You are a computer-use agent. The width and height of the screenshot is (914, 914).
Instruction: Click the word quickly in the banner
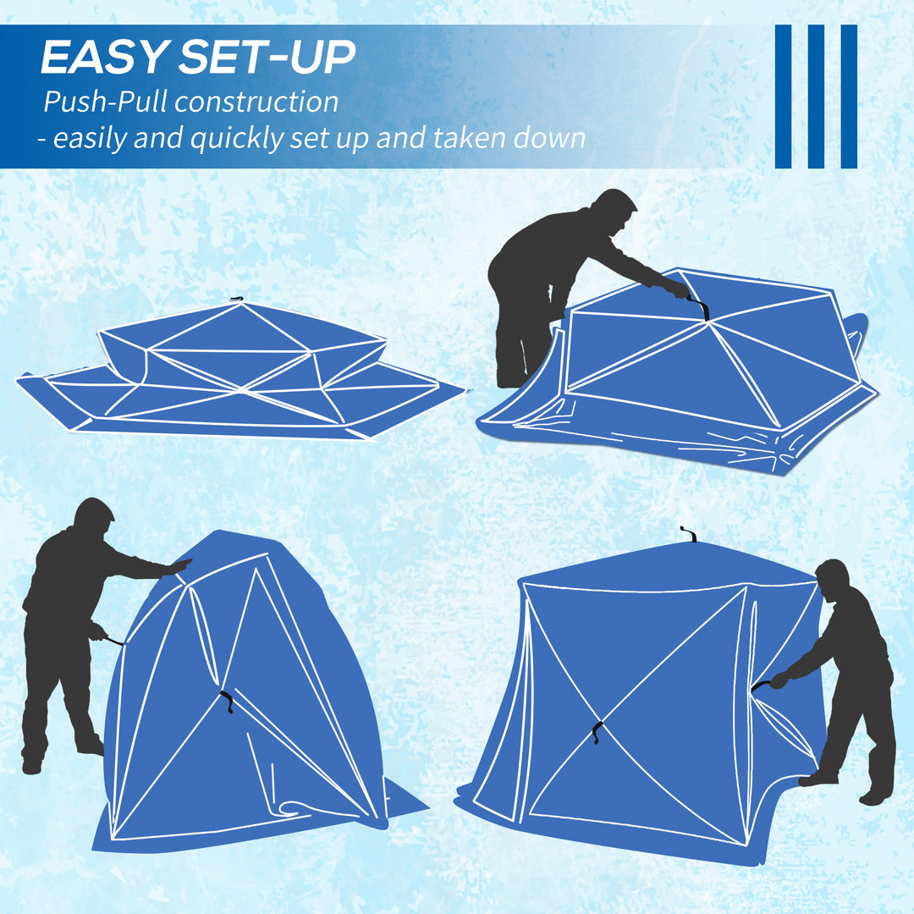[236, 138]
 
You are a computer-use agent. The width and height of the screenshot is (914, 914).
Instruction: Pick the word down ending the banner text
[549, 138]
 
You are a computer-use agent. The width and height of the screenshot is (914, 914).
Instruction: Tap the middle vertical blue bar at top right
[816, 96]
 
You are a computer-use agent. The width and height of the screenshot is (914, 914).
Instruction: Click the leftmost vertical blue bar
[783, 96]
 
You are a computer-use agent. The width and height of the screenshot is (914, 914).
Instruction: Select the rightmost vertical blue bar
[848, 96]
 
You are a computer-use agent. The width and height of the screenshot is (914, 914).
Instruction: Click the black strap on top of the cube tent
[688, 535]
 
